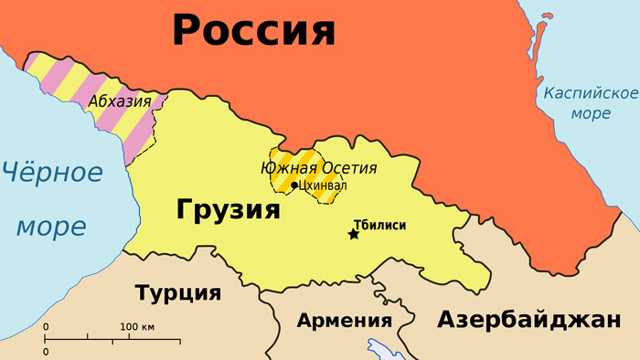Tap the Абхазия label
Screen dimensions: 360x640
pos(120,102)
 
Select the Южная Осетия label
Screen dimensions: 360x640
pos(318,167)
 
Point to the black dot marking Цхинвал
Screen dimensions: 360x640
pos(293,185)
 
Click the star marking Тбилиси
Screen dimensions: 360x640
pos(354,235)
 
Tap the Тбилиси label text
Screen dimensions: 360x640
pos(379,225)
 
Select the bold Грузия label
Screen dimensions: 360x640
pos(227,211)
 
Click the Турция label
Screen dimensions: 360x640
pos(178,293)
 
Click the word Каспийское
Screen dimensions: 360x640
pos(590,94)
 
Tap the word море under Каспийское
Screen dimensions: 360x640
pos(590,115)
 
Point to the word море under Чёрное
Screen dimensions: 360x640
pos(51,225)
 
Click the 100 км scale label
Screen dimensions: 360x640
pos(137,327)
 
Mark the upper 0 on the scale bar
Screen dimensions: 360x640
pos(47,327)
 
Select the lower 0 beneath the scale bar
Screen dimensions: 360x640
pos(47,351)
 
